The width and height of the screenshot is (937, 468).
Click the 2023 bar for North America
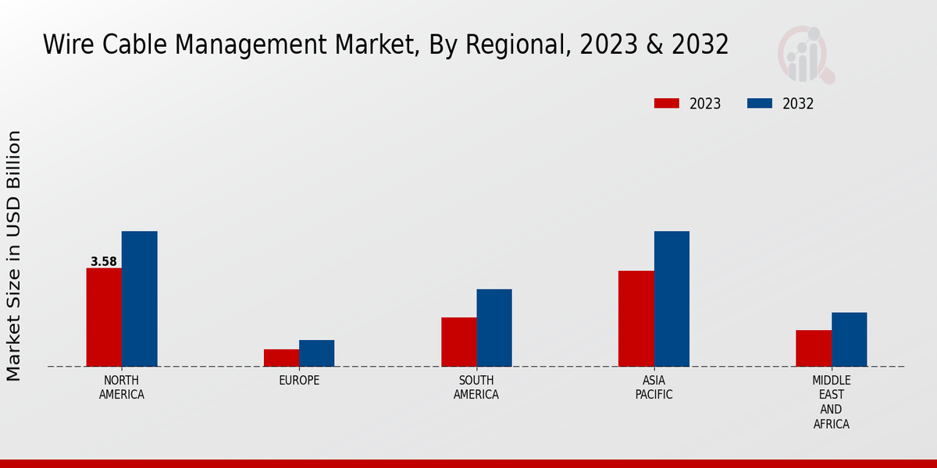pos(104,317)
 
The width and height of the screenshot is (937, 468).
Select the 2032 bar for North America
pos(139,299)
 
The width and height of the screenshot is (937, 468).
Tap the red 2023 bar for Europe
pos(281,358)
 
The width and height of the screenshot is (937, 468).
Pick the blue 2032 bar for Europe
pos(316,353)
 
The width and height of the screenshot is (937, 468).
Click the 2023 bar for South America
pos(458,342)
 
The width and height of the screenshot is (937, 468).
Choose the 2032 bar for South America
pos(494,328)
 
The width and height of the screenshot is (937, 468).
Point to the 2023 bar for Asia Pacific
pos(636,318)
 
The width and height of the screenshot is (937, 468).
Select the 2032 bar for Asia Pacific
pos(672,299)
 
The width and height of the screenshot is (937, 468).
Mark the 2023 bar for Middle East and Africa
pos(814,348)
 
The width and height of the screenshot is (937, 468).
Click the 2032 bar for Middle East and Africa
pos(849,339)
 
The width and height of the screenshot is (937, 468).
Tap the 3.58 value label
pos(103,262)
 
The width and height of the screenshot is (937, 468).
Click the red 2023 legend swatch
pos(667,104)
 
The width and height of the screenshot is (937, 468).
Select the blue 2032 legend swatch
pos(760,104)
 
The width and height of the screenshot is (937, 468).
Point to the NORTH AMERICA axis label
pos(122,388)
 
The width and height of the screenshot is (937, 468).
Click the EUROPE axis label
pos(299,381)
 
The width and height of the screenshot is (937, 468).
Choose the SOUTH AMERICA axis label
pos(476,388)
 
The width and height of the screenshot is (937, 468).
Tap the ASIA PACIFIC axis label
pos(654,388)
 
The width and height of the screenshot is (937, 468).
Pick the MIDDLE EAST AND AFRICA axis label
pos(831,402)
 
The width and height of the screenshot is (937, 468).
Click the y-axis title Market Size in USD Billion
pos(14,256)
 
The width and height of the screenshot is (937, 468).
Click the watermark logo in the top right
pos(806,55)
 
